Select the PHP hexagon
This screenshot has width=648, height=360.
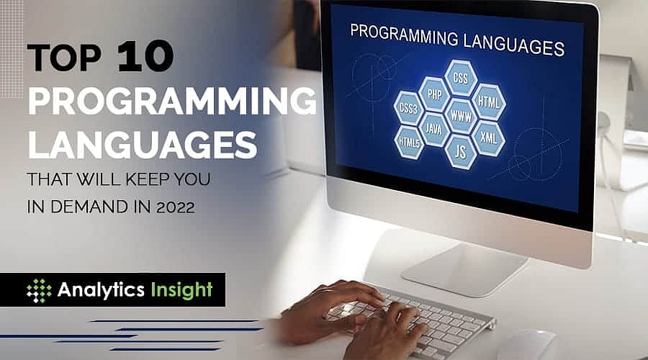(x=433, y=95)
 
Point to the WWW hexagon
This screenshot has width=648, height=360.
(x=460, y=114)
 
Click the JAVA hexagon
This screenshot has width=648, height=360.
(x=433, y=129)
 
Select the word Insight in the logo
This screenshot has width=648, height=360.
(x=181, y=290)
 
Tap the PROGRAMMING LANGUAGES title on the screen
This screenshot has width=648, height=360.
(x=456, y=39)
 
